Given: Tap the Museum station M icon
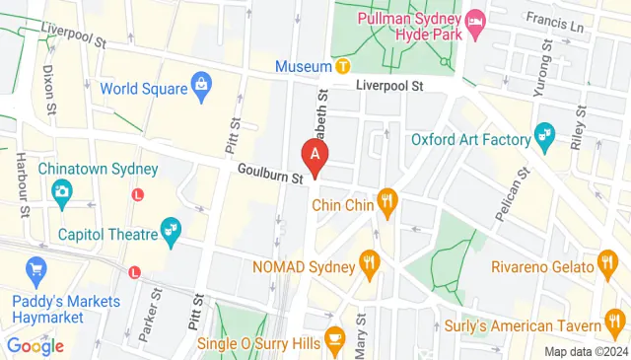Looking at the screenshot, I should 342,66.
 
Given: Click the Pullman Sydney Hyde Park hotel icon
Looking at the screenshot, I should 475,20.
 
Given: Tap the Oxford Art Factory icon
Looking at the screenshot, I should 543,133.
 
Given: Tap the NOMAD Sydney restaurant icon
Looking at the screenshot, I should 370,262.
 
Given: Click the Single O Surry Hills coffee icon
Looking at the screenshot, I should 334,337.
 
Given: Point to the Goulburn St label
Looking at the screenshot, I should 269,174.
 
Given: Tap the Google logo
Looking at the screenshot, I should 35,345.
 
